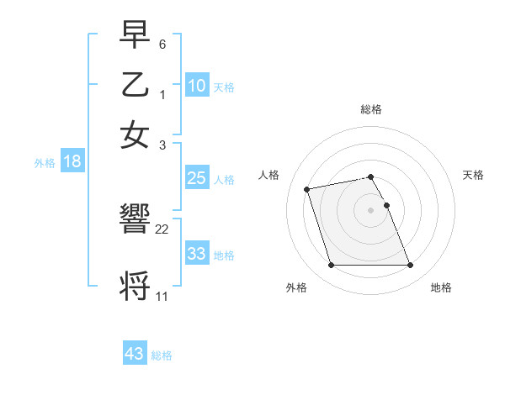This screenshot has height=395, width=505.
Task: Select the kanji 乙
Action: click(136, 86)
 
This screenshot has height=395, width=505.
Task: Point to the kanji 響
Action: click(136, 220)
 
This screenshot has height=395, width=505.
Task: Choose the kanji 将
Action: click(136, 286)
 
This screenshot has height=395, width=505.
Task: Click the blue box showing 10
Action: click(197, 86)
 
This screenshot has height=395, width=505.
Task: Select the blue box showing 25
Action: click(197, 178)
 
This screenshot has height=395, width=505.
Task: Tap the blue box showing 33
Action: click(197, 254)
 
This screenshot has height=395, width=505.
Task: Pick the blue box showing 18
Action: click(72, 162)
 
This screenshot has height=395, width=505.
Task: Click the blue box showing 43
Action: click(135, 354)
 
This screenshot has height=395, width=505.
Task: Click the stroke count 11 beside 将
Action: click(162, 296)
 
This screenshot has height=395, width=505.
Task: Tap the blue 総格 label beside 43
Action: click(162, 355)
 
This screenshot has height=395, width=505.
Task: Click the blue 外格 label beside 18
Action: click(45, 163)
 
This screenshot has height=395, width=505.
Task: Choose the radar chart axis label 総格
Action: click(371, 109)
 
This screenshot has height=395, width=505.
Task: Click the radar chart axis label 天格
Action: click(474, 175)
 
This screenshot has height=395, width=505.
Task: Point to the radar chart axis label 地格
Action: click(441, 287)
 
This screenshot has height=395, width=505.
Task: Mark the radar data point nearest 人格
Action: click(307, 188)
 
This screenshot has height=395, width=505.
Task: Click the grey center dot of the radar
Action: click(371, 210)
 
